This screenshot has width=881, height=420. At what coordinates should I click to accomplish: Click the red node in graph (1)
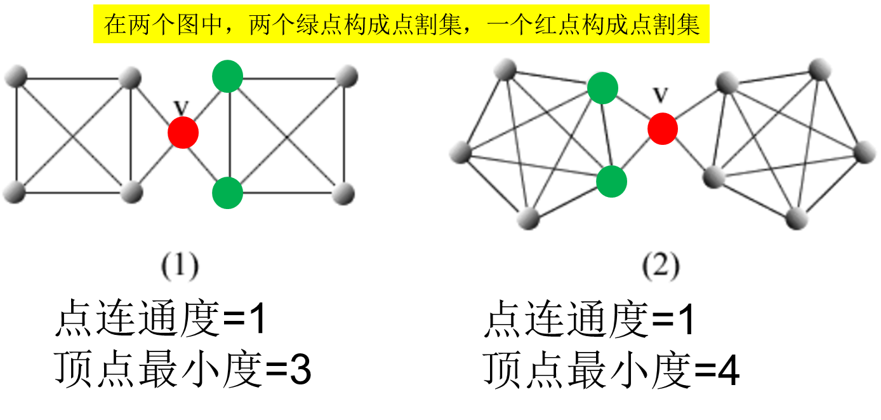[183, 133]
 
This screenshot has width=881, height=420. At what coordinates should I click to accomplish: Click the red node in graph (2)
[663, 128]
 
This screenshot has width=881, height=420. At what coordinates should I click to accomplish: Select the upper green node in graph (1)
[227, 76]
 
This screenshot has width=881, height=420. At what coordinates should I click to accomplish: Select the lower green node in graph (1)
[227, 193]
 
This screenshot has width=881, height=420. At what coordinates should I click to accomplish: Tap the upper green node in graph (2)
[602, 88]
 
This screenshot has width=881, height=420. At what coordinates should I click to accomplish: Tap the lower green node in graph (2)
[611, 182]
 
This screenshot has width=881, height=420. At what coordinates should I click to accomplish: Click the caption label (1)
[180, 266]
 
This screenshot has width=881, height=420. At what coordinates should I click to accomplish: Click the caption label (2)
[660, 266]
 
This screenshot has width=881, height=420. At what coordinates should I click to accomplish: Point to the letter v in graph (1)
[182, 107]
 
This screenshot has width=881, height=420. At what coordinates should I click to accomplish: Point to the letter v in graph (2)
[661, 95]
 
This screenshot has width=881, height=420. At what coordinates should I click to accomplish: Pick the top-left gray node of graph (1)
[15, 77]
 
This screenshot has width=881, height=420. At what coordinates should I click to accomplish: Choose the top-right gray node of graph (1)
[347, 76]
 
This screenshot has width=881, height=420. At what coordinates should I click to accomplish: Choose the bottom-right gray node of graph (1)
[343, 193]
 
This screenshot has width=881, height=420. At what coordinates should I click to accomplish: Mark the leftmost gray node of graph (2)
[460, 152]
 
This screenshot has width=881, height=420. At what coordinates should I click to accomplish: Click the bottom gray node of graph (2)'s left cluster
[528, 219]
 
